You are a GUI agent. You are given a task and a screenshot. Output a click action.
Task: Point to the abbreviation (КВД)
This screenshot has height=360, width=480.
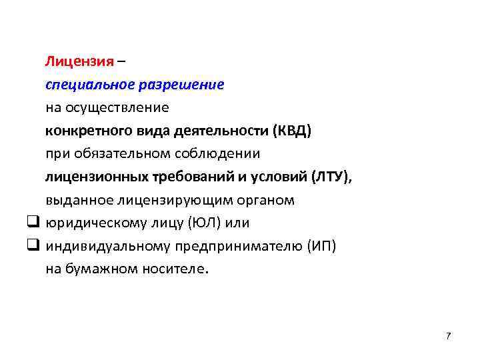coord(291,131)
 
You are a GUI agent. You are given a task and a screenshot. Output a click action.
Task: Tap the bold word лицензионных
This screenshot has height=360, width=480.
coord(95,177)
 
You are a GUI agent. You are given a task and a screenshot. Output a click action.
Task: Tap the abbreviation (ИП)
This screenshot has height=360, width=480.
coord(321,246)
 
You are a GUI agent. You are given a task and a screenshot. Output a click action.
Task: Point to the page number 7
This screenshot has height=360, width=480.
coord(448,335)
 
